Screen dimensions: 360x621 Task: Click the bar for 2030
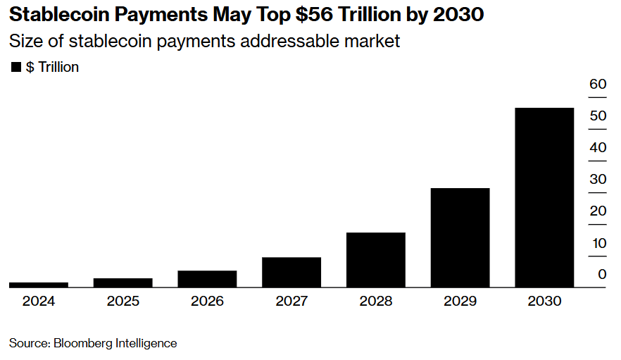tap(544, 197)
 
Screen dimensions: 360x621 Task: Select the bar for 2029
tap(460, 237)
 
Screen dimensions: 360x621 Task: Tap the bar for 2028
tap(375, 259)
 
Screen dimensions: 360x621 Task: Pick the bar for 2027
tap(291, 272)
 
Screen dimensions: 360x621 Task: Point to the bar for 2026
tap(207, 279)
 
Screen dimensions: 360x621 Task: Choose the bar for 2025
tap(123, 283)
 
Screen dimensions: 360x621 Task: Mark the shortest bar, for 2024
tap(39, 285)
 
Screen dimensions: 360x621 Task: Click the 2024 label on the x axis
tap(39, 302)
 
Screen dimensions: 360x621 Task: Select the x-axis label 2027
tap(291, 302)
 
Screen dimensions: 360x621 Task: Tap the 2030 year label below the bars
tap(544, 302)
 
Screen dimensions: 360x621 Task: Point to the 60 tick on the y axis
tap(598, 85)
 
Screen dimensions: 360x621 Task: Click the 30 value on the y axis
tap(598, 180)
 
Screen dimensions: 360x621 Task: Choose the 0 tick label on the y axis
tap(602, 275)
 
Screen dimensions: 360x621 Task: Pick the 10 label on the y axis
tap(598, 243)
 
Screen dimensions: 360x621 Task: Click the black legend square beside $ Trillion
tap(16, 68)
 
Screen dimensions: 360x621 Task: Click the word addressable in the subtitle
tap(277, 41)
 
